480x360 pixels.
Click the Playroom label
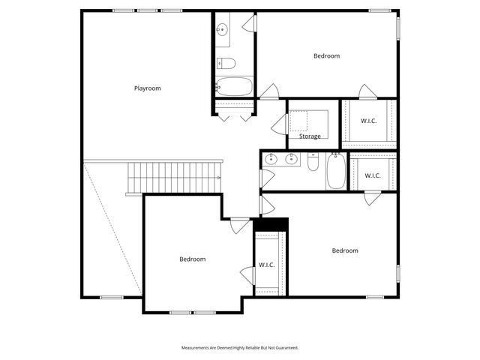147,88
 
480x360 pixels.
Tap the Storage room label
310,136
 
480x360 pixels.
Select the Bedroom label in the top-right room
326,56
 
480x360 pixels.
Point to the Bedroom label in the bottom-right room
345,250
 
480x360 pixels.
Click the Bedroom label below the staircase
192,259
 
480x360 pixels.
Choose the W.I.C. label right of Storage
368,121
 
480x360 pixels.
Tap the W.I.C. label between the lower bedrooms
267,265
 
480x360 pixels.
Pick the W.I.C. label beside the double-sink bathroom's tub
373,175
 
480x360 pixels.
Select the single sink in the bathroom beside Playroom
222,30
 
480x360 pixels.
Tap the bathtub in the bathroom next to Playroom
235,86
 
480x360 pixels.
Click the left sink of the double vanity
274,159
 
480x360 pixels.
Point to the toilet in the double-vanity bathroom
314,162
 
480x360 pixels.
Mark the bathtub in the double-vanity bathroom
335,172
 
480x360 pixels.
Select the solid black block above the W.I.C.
271,224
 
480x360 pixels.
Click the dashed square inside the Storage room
309,121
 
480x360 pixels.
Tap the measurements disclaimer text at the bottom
239,348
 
